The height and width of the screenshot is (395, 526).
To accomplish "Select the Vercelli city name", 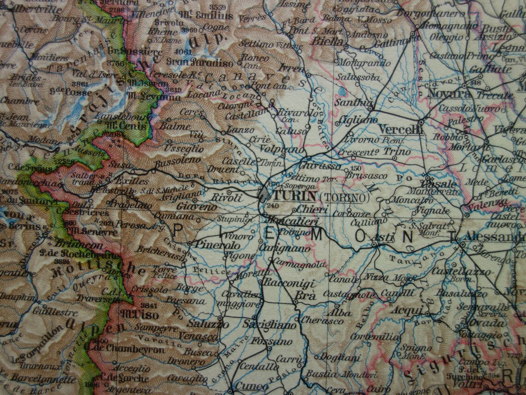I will point(400,130).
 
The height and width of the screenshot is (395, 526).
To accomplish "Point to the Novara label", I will point(449,94).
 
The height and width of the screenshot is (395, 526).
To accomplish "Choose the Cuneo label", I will point(251,386).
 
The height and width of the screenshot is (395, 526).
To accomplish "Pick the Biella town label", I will point(328,42).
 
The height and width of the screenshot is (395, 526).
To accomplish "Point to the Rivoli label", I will point(227,197).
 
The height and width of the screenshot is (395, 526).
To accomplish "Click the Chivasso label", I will point(320,166).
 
